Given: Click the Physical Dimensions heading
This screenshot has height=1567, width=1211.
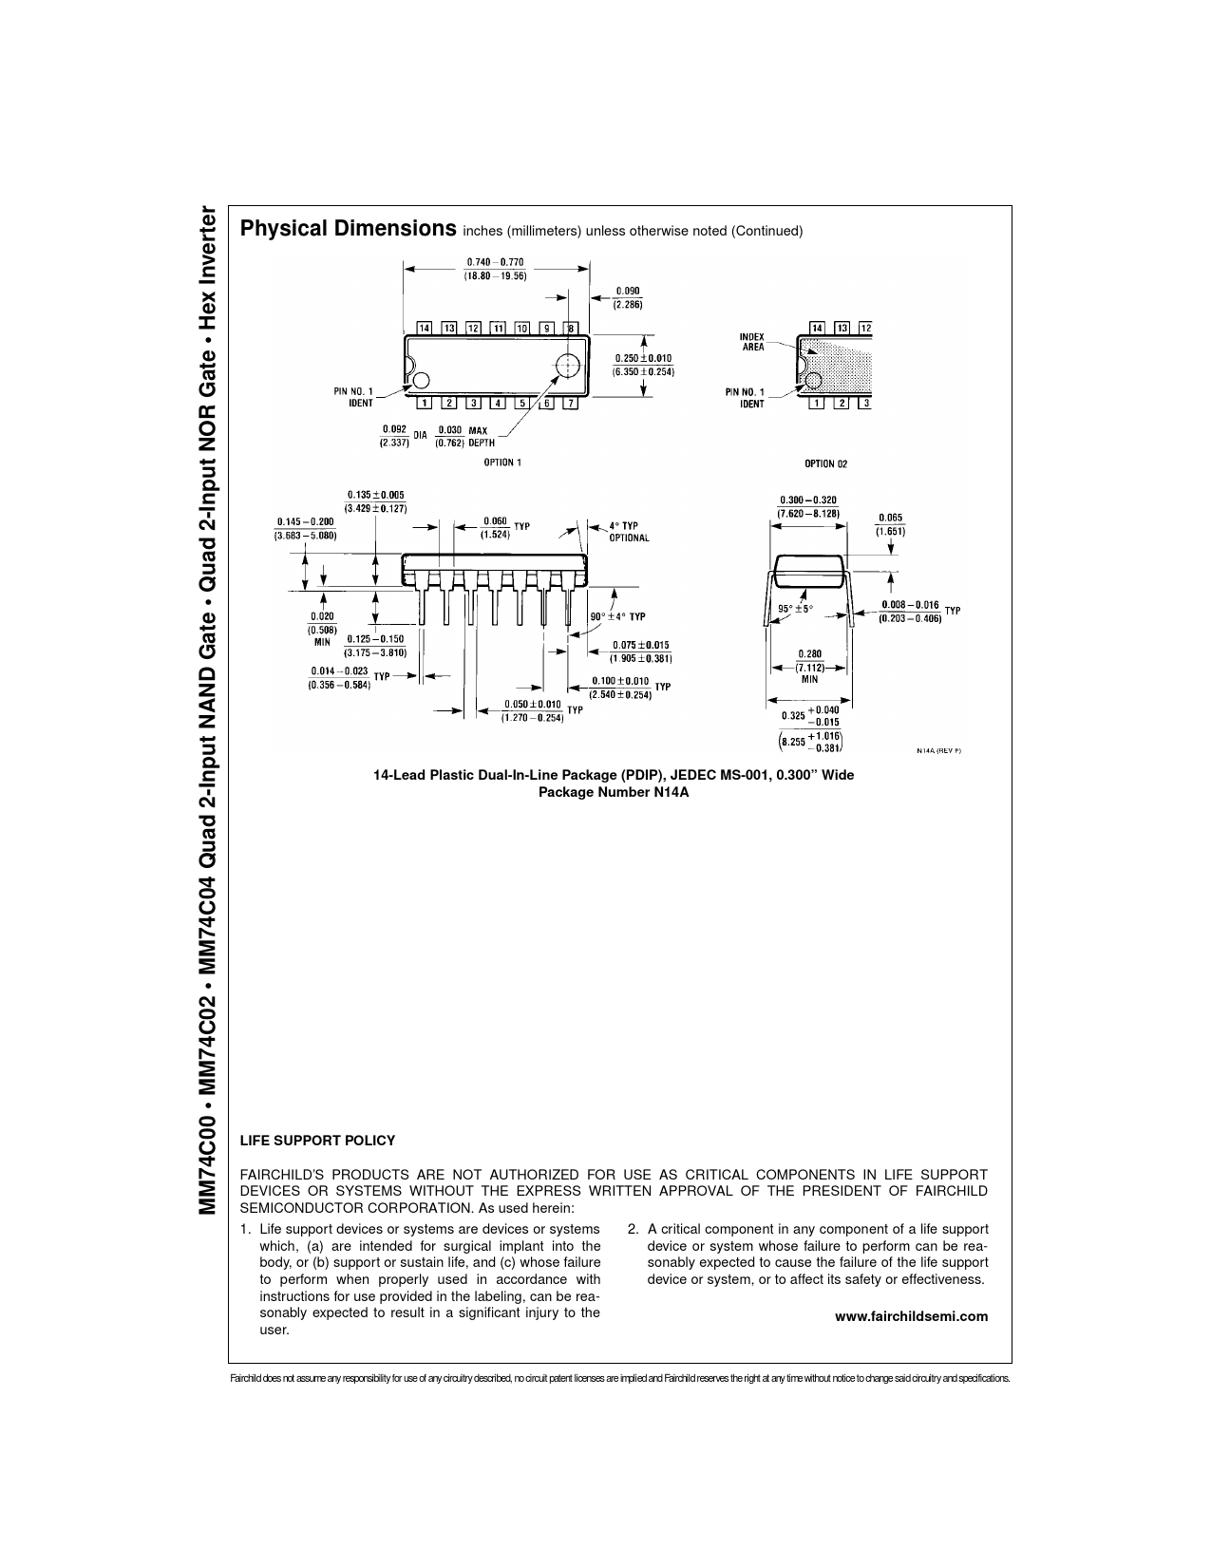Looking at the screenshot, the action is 348,229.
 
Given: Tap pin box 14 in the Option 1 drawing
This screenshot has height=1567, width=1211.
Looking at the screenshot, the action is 425,328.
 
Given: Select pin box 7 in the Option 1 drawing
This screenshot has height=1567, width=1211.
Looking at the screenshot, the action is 570,403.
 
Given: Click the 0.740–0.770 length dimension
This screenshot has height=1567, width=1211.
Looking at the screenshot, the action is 495,269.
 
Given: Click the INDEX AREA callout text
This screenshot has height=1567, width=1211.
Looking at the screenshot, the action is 752,342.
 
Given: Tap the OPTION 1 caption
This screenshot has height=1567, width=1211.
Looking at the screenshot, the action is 502,463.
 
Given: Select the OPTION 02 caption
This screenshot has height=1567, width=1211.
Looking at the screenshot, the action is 825,463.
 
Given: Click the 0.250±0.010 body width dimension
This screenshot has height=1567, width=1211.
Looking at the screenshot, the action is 643,365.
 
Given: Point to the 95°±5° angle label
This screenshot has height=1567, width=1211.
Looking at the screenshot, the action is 795,609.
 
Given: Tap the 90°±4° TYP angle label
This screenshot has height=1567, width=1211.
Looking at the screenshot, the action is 618,616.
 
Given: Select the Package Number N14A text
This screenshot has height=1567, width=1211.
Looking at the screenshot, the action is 613,792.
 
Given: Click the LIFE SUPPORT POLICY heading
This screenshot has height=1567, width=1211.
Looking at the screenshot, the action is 317,1140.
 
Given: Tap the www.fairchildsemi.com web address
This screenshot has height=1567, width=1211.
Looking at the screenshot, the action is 911,1316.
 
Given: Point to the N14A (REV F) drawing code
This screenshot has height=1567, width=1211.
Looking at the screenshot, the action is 939,750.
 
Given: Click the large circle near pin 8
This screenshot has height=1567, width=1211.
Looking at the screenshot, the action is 568,367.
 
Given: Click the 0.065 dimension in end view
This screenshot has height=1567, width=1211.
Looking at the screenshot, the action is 890,524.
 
